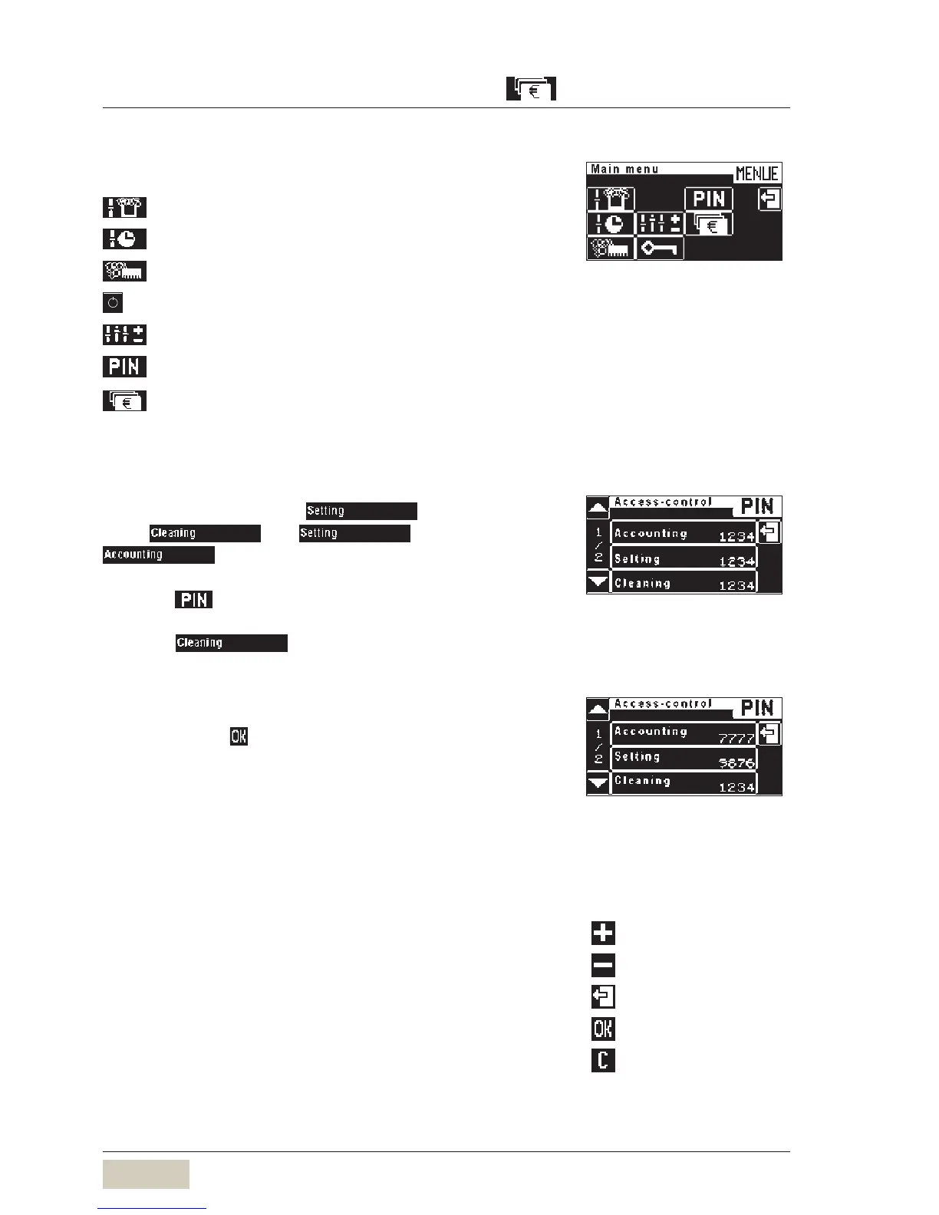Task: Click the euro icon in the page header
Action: pos(531,89)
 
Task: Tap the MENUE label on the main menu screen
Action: pos(756,173)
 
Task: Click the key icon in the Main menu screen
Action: pos(659,249)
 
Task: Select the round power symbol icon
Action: pos(113,302)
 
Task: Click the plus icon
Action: pos(603,933)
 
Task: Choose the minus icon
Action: pos(603,965)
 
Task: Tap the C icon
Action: pos(603,1060)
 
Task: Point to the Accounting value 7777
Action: pos(736,739)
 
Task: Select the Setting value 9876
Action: pos(736,763)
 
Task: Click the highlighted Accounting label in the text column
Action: pos(158,555)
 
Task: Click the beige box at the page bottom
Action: pos(146,1174)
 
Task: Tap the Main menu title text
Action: pos(624,169)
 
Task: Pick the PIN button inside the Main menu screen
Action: pos(709,199)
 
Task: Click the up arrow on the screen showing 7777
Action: pos(598,709)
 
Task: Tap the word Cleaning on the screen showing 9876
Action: pos(642,781)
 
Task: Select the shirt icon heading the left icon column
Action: pos(124,207)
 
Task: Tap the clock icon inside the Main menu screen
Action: pos(611,224)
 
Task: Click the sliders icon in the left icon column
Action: pos(124,334)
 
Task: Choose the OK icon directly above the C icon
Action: pos(603,1028)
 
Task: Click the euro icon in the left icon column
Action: pos(124,400)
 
